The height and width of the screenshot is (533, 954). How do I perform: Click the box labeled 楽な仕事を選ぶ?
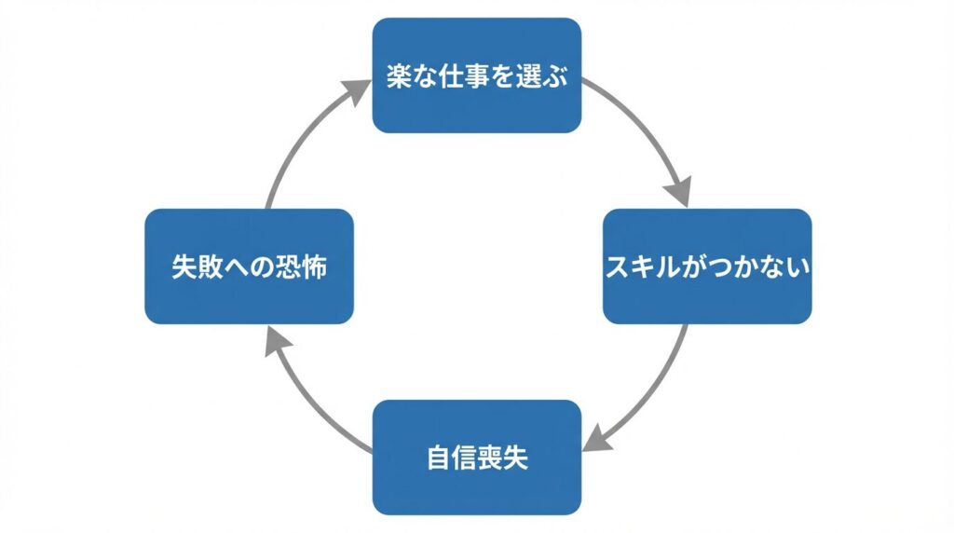tap(477, 75)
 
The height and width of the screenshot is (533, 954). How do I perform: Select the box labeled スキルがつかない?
tap(707, 266)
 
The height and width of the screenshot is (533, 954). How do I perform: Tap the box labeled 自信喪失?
tap(477, 457)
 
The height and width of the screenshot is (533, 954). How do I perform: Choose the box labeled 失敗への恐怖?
tap(249, 266)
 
